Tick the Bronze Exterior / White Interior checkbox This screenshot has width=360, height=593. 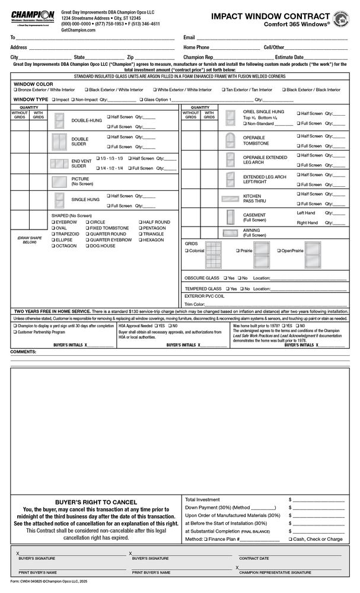point(15,90)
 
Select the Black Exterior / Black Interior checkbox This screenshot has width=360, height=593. point(283,90)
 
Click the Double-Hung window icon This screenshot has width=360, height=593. point(59,121)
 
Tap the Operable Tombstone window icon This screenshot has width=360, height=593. point(231,141)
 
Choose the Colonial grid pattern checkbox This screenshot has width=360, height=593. point(187,251)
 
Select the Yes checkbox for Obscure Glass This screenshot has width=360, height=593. point(225,278)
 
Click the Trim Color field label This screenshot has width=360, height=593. point(195,304)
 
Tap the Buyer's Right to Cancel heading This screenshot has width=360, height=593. point(95,502)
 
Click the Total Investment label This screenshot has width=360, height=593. point(202,500)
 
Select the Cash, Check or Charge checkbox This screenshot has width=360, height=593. point(290,540)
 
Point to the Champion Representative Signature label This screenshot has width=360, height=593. point(275,573)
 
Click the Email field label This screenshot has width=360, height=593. point(189,37)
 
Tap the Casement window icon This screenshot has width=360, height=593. point(231,216)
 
